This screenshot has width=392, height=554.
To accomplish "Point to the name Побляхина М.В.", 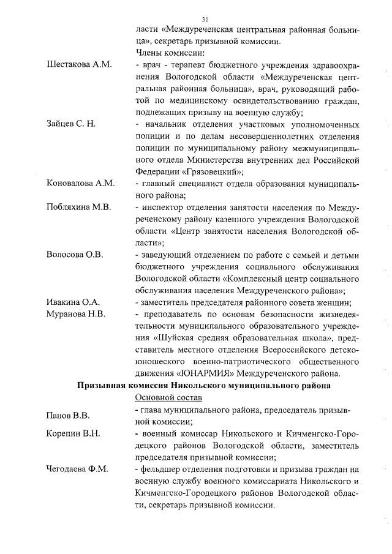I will [x=78, y=208].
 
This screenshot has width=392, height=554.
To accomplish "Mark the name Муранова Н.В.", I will [x=77, y=314].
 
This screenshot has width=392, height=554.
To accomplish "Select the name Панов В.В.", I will [x=68, y=416].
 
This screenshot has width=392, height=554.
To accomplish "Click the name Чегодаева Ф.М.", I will [x=77, y=470].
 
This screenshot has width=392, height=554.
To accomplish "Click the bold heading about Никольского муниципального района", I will [x=204, y=386].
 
